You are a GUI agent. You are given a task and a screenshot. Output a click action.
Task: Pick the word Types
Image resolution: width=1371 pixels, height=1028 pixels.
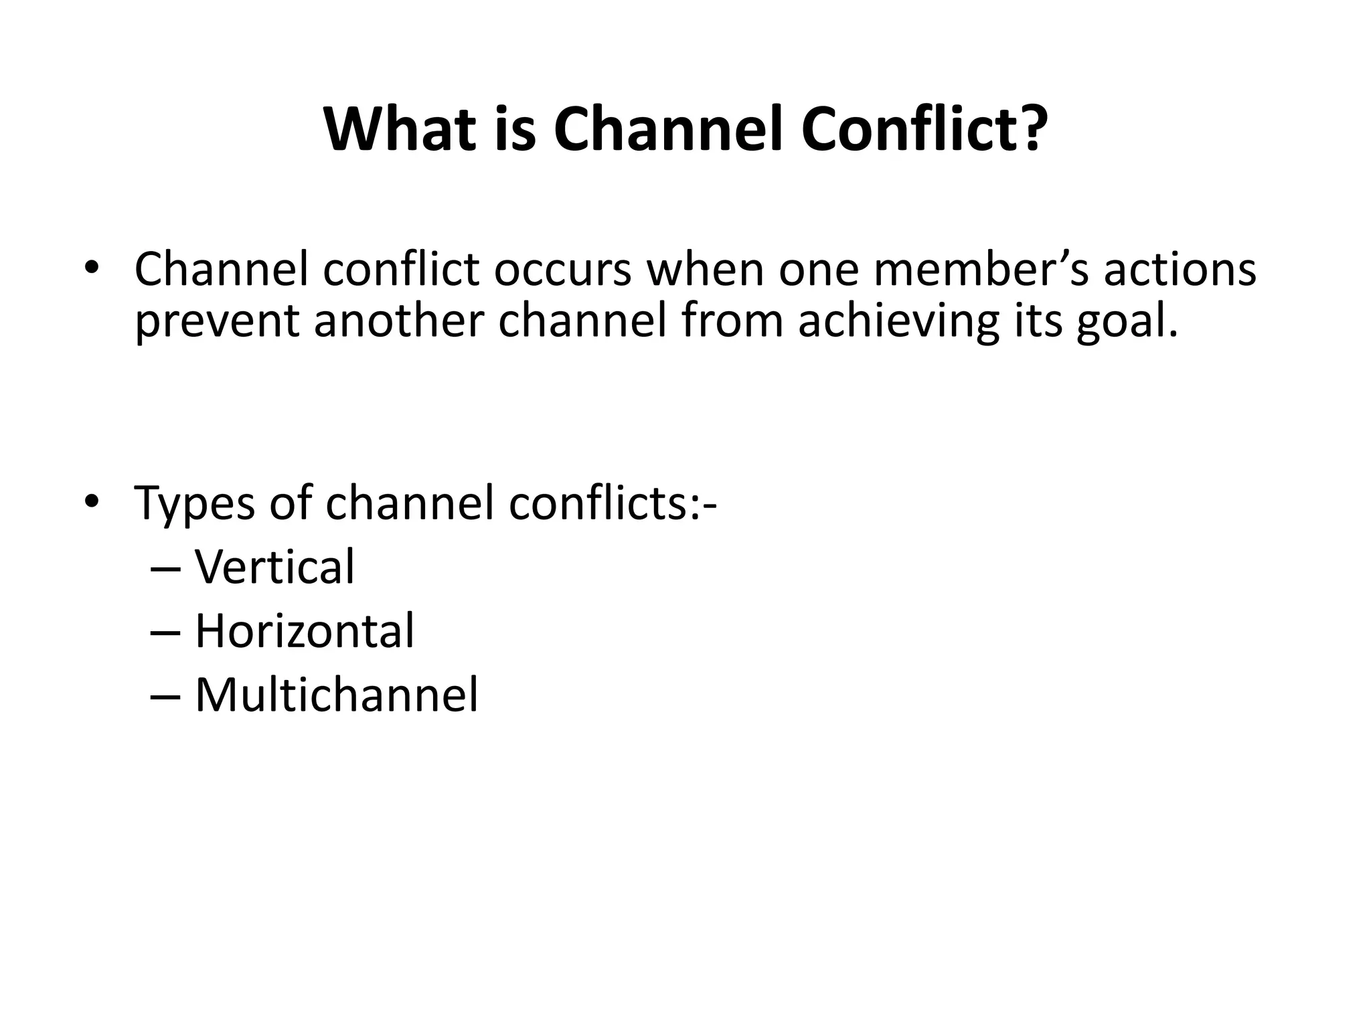(x=194, y=503)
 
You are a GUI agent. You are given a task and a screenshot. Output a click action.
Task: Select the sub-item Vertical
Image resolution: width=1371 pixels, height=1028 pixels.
(x=274, y=567)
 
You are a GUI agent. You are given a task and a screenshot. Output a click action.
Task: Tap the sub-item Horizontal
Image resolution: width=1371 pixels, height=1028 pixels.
(x=305, y=631)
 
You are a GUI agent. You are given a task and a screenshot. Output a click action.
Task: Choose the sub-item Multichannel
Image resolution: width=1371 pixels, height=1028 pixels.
(x=336, y=695)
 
